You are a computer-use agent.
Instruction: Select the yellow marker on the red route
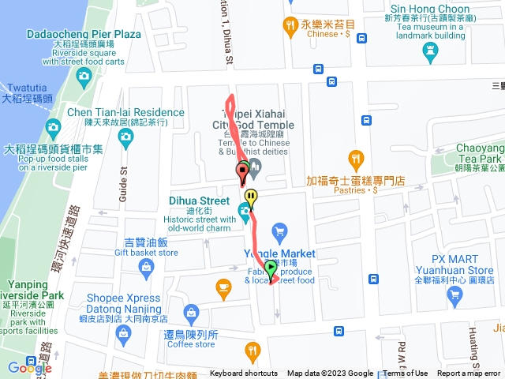coord(251,197)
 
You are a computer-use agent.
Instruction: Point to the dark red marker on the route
coord(241,172)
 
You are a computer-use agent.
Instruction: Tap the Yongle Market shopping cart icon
coord(278,231)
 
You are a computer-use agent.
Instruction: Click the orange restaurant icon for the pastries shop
coord(356,159)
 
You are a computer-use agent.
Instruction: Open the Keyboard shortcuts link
coord(243,373)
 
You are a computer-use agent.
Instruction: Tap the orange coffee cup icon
coord(223,286)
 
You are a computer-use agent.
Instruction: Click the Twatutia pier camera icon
coord(84,76)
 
